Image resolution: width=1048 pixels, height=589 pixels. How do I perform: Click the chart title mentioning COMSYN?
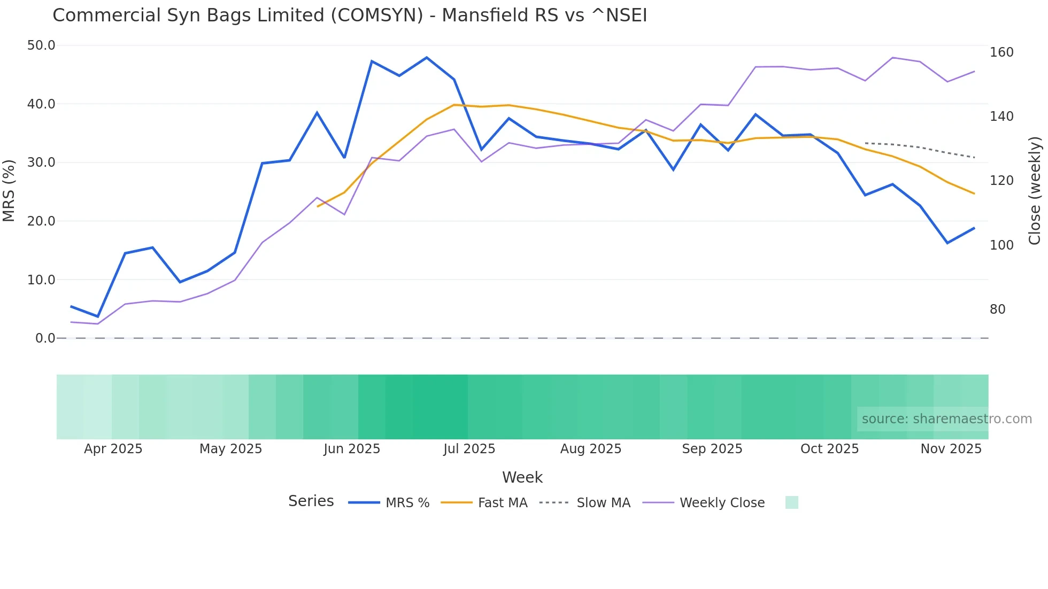(x=350, y=15)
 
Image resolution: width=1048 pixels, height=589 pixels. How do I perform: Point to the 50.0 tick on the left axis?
(x=41, y=45)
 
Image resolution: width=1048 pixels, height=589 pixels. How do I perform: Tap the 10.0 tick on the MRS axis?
(x=41, y=280)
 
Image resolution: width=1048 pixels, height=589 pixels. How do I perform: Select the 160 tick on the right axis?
(x=1001, y=52)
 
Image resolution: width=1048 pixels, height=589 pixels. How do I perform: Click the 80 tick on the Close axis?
(x=998, y=309)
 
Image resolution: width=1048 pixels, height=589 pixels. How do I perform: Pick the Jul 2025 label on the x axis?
(x=469, y=449)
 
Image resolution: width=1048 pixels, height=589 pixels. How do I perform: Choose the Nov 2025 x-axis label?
(x=951, y=449)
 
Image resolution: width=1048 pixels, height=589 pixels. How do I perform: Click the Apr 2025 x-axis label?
(x=113, y=449)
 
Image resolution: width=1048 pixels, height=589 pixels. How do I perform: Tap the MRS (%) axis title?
(x=9, y=191)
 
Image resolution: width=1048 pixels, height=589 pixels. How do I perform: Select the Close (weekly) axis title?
(x=1035, y=191)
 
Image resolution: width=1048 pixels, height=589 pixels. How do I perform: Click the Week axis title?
(x=522, y=477)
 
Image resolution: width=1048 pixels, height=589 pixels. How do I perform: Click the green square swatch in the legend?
(x=791, y=502)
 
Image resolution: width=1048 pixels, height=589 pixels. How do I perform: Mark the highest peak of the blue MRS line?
(x=427, y=57)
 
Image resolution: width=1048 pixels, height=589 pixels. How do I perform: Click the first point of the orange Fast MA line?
(x=318, y=206)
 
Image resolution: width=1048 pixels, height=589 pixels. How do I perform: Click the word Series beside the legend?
(x=311, y=501)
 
